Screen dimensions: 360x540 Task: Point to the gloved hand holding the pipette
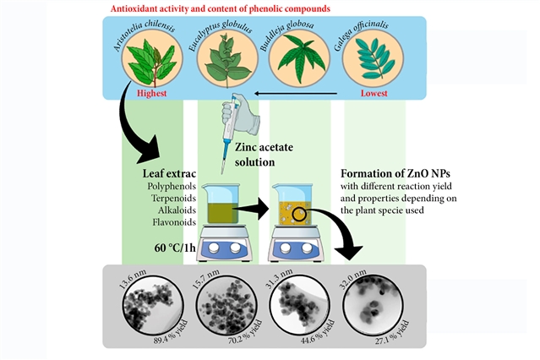(x=237, y=117)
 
